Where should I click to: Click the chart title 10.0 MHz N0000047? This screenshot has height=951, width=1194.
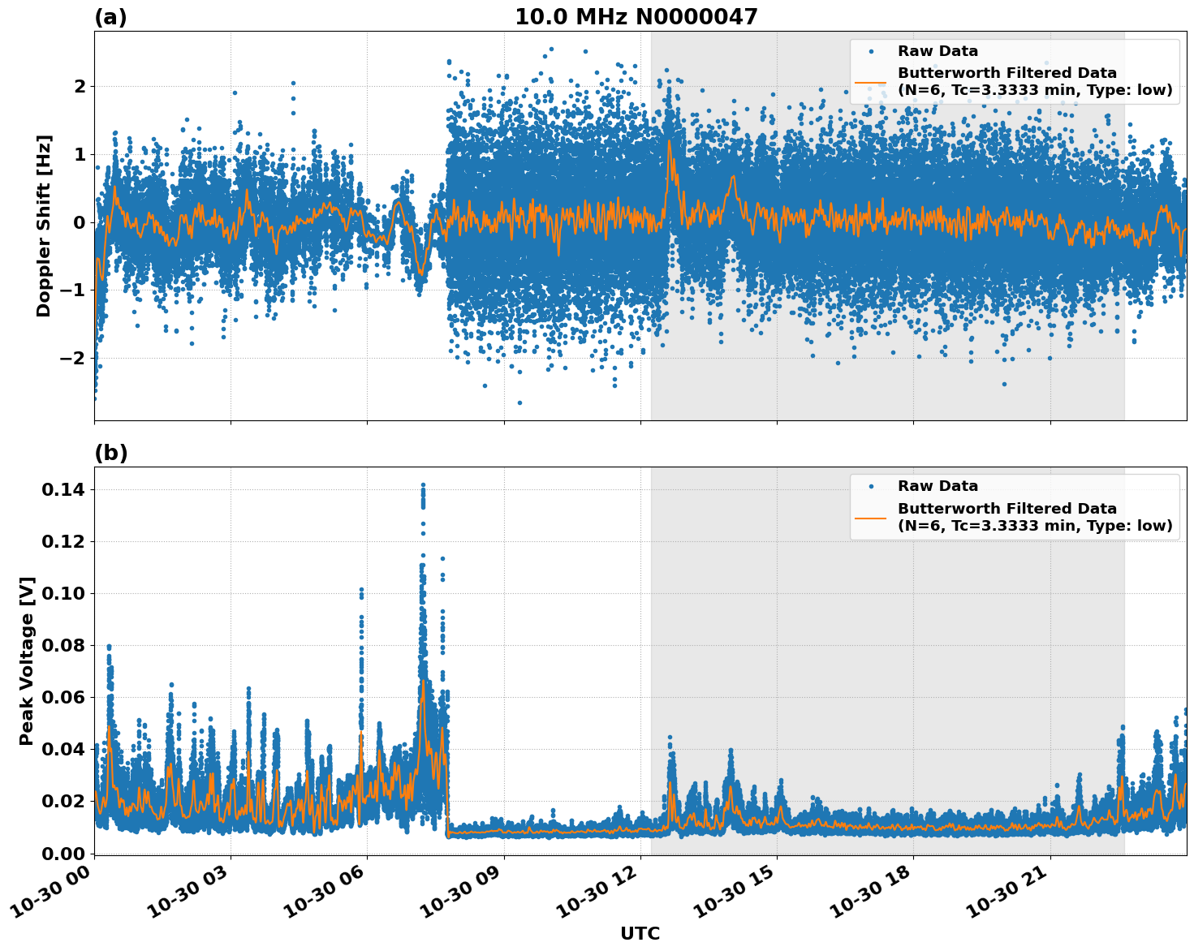tap(636, 17)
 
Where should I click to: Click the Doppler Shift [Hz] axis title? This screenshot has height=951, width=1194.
tap(44, 226)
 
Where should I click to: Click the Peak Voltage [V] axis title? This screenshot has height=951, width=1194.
tap(27, 661)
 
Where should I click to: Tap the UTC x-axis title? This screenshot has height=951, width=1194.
tap(640, 933)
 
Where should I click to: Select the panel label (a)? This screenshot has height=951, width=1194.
tap(110, 17)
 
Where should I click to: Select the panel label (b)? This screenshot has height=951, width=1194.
tap(110, 453)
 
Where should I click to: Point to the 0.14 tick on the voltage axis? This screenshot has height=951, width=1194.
tap(63, 489)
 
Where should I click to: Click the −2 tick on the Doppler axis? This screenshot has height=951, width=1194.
tap(73, 358)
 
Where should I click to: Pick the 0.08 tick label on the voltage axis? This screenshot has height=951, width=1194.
tap(63, 645)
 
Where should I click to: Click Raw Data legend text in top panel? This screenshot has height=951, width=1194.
tap(938, 51)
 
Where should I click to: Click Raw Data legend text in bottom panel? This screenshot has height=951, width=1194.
tap(938, 486)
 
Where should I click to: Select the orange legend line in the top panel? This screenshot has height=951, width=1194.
tap(871, 82)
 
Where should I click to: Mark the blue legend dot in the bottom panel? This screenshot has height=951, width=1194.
tap(871, 487)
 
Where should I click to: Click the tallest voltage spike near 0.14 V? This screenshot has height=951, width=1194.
tap(423, 486)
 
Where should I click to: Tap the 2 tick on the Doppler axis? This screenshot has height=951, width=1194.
tap(79, 86)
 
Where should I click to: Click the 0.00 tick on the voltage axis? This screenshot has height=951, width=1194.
tap(63, 853)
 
